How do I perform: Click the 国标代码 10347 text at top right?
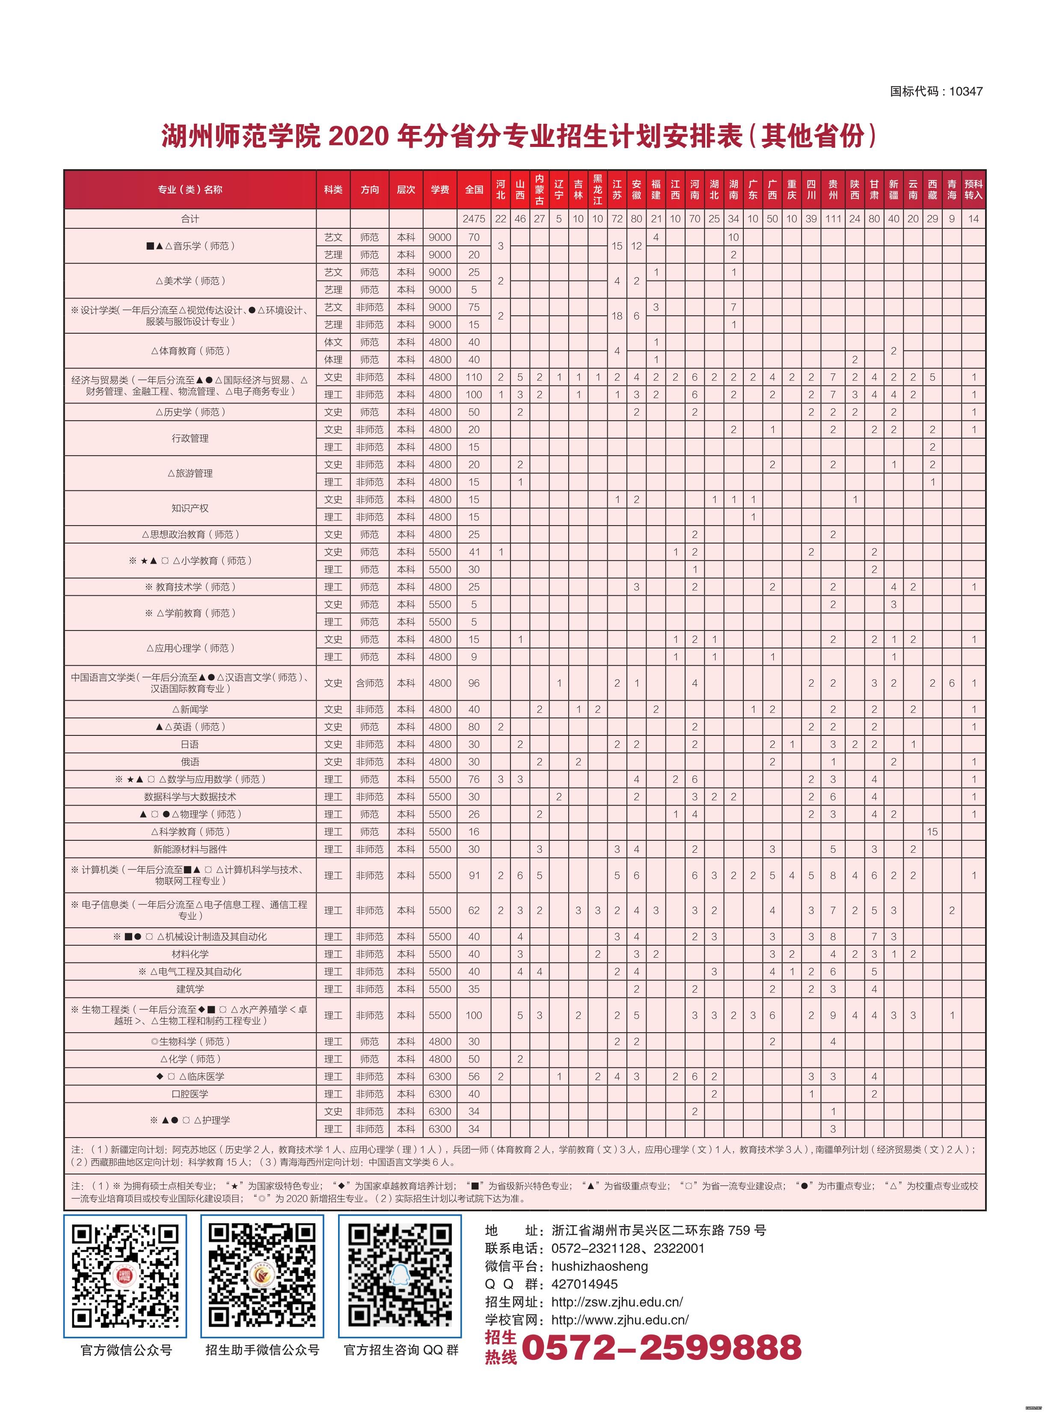click(x=936, y=91)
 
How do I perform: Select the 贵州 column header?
click(x=832, y=189)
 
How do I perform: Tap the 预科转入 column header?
click(x=973, y=189)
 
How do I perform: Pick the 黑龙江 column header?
click(x=597, y=189)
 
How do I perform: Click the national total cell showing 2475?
click(x=473, y=218)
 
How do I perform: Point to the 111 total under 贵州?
click(x=832, y=218)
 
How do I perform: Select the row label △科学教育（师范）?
click(x=190, y=831)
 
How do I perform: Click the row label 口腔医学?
click(x=190, y=1094)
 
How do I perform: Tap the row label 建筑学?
click(x=190, y=989)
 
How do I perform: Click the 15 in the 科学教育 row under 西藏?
click(x=932, y=831)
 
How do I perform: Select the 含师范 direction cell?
click(x=370, y=683)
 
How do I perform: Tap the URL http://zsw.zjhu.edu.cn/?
click(x=617, y=1302)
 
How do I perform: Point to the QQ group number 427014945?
click(x=584, y=1284)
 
